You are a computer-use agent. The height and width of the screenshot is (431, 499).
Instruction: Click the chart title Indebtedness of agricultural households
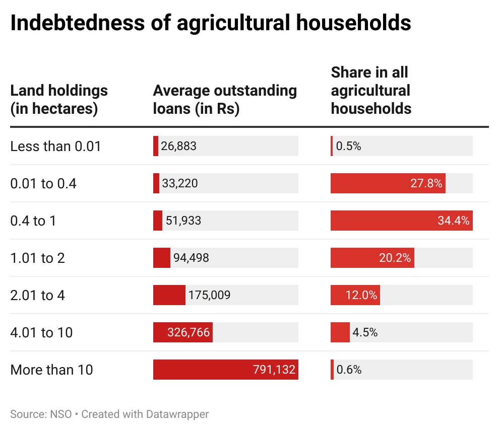[x=210, y=24]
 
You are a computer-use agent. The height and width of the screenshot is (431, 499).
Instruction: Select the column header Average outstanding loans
[x=225, y=99]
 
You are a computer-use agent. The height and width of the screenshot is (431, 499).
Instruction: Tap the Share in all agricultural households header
[x=371, y=90]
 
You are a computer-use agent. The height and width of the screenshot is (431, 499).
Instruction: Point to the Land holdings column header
[x=59, y=99]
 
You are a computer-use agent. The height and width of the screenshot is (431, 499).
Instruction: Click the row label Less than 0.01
[x=55, y=147]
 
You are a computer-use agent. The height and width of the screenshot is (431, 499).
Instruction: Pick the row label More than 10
[x=51, y=370]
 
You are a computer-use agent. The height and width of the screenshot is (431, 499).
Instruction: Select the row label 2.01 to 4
[x=37, y=295]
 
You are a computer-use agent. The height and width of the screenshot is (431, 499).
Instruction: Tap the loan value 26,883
[x=178, y=147]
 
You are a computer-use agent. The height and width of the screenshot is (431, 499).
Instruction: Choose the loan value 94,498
[x=191, y=258]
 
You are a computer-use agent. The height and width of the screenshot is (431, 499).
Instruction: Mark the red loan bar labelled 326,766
[x=182, y=332]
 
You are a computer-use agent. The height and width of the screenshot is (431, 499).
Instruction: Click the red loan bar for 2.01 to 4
[x=169, y=295]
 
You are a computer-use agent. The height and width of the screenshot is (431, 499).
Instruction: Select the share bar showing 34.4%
[x=401, y=221]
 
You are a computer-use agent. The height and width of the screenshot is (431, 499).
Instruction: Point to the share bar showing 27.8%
[x=388, y=183]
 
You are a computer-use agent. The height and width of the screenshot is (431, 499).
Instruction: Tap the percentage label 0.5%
[x=349, y=147]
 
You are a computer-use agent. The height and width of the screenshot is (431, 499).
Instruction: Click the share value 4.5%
[x=365, y=332]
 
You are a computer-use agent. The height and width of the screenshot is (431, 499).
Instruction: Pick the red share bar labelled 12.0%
[x=355, y=295]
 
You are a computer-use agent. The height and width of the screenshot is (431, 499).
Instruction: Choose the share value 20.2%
[x=395, y=258]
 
